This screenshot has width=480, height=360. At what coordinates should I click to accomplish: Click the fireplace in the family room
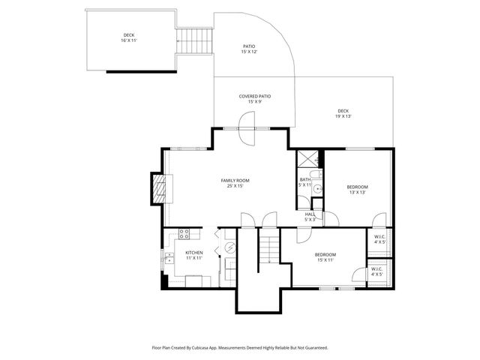click(158, 190)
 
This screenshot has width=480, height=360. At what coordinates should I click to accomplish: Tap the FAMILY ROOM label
click(235, 183)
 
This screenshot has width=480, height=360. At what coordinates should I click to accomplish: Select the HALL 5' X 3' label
click(310, 217)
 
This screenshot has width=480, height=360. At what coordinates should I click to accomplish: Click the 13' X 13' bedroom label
click(357, 189)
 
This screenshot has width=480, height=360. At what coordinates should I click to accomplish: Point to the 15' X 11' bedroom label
click(325, 257)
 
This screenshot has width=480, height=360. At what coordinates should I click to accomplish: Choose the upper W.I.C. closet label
click(379, 239)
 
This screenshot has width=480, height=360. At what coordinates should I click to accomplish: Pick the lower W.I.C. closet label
click(376, 271)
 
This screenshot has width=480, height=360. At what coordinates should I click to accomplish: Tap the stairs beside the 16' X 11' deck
click(194, 40)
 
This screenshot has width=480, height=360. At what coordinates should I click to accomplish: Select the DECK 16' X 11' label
click(130, 37)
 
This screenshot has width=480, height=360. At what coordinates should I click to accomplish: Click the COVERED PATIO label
click(254, 99)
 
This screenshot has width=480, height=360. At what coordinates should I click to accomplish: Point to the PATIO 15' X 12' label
click(249, 49)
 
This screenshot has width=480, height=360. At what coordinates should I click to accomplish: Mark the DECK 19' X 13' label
click(343, 113)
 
